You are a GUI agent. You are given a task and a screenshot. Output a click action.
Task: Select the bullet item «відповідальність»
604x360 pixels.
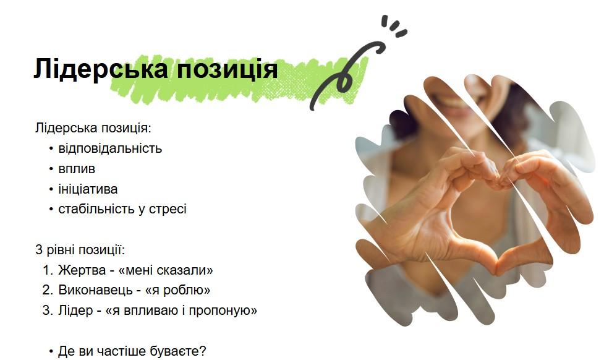[110, 148]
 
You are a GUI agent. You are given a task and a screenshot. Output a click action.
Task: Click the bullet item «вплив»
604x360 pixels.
[77, 169]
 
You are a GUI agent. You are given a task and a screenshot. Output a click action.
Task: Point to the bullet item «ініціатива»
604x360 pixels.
[88, 189]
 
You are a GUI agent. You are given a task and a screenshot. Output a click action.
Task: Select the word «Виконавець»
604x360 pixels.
[91, 290]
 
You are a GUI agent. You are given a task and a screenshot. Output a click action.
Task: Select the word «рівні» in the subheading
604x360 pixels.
[61, 251]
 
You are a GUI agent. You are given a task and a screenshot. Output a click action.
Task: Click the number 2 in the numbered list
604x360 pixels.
[47, 290]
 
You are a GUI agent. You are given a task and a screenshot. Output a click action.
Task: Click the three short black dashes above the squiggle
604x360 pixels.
[393, 26]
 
